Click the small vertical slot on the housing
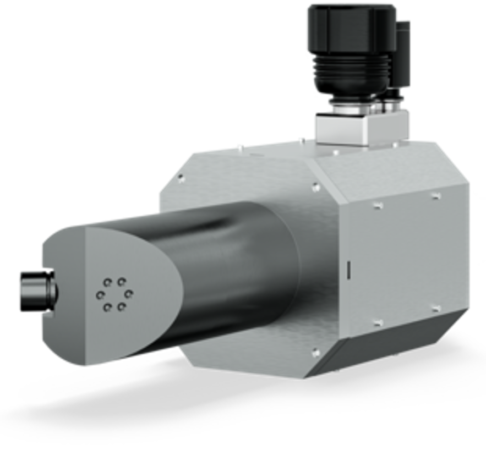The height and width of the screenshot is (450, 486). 348,270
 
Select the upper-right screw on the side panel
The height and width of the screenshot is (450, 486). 434,196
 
